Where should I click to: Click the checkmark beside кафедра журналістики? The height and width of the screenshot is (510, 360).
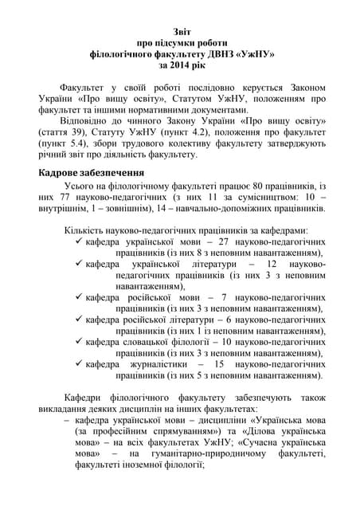click(77, 364)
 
